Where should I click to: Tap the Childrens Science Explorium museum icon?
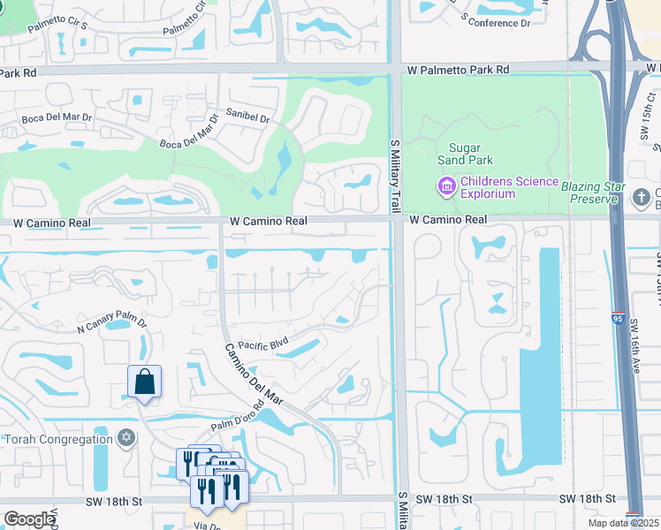tap(445, 187)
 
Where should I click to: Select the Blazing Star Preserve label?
tap(593, 191)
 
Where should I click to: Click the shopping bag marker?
tap(144, 382)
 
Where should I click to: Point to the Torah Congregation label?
tap(57, 439)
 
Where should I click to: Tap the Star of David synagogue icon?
tap(125, 439)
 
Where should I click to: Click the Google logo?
tap(28, 519)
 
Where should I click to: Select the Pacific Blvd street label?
tap(263, 344)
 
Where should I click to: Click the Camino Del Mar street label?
tap(252, 374)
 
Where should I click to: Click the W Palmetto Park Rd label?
tap(459, 69)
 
